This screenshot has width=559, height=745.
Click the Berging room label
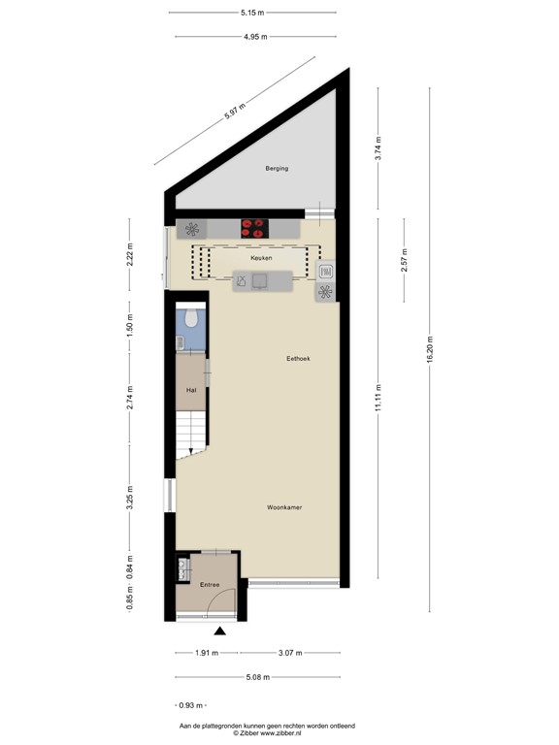(x=277, y=169)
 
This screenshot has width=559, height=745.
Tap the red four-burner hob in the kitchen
(x=253, y=228)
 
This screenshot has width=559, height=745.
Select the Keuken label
(x=260, y=259)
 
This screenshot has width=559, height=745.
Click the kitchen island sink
(x=260, y=281)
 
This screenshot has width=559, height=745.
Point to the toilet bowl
(x=191, y=317)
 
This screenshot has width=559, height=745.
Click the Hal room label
(x=191, y=391)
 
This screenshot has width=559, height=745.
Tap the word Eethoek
(x=298, y=358)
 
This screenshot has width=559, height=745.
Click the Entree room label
(x=211, y=585)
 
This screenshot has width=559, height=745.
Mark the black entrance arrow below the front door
(x=220, y=632)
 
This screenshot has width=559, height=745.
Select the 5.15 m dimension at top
(x=254, y=13)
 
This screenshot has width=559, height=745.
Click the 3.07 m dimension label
(x=290, y=652)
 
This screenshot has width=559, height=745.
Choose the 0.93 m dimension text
(x=192, y=706)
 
